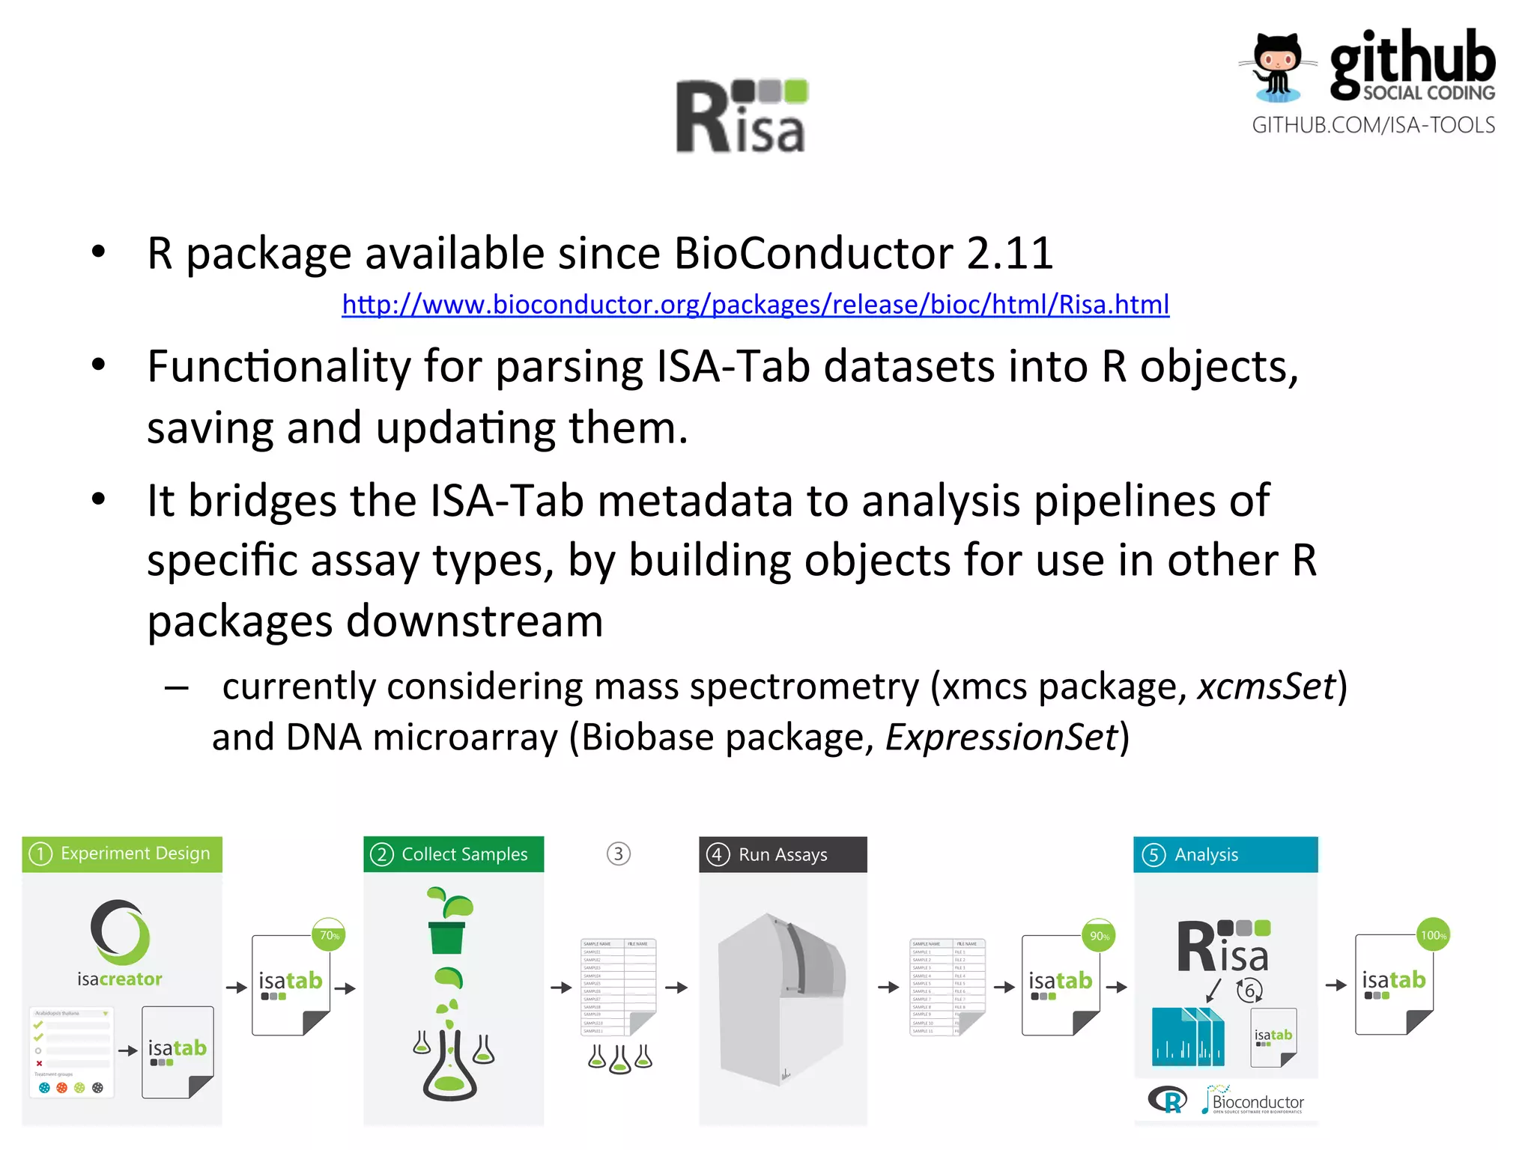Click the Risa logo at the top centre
(742, 117)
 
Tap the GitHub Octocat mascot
(1278, 67)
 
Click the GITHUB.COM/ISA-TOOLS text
(1373, 125)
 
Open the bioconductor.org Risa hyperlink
(755, 305)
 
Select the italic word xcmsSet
(1266, 687)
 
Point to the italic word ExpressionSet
(1001, 737)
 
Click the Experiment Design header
(122, 854)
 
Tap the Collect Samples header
(453, 854)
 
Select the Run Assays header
(782, 854)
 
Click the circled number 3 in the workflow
(619, 854)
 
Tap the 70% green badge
(329, 935)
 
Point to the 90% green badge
(1099, 936)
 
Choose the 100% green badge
(1433, 935)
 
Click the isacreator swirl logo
(120, 932)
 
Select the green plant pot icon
(447, 936)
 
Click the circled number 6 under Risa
(1249, 991)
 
